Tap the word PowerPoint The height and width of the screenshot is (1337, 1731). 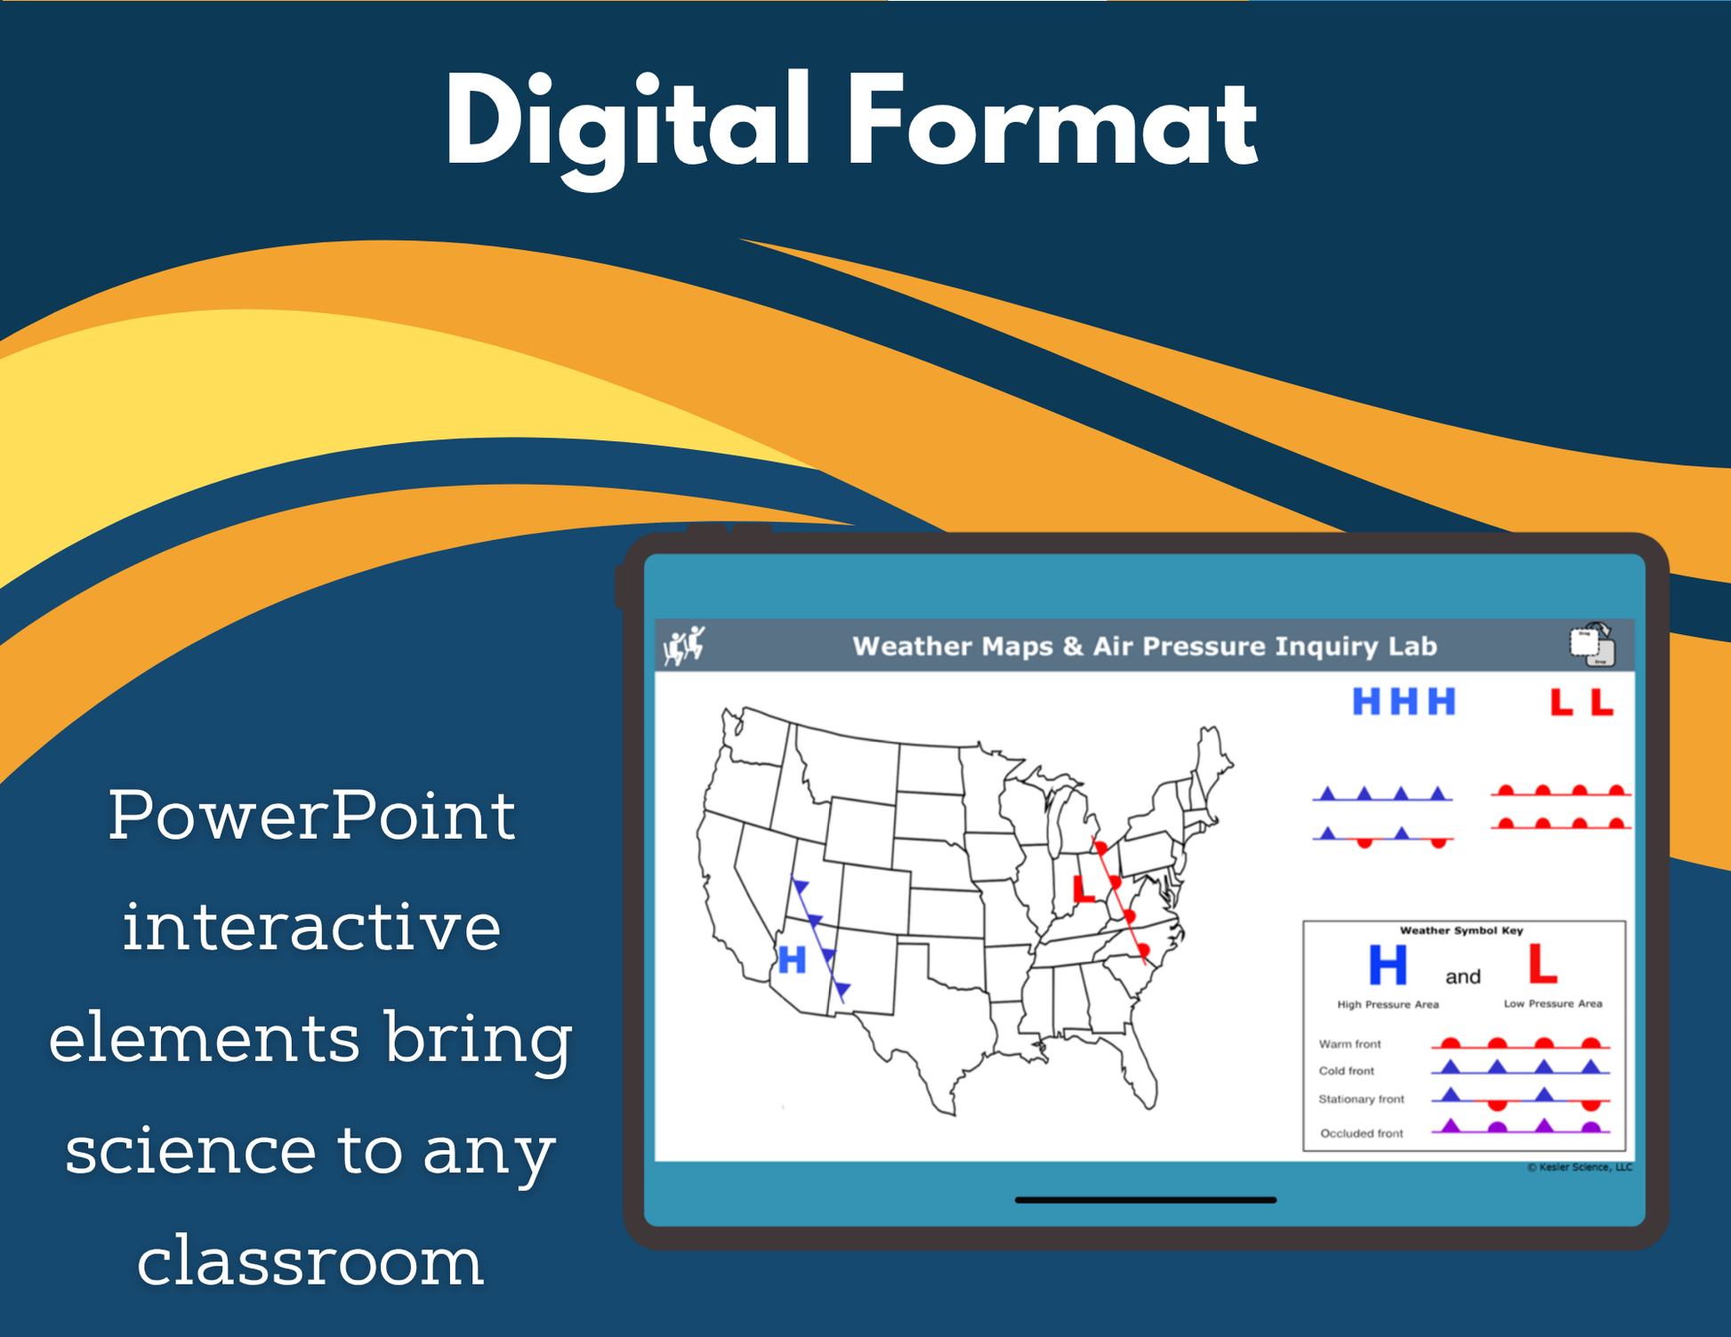312,815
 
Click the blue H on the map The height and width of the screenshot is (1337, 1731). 792,960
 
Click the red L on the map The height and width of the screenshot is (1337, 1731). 1083,889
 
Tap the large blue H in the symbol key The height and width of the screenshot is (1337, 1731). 1388,964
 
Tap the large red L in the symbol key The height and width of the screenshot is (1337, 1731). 1542,963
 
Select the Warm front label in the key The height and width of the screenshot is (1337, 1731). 1349,1044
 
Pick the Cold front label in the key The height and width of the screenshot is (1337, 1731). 1347,1071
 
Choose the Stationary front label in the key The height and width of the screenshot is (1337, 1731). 1361,1099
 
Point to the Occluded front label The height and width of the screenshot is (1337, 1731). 1362,1133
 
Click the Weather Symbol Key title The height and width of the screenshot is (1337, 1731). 1461,930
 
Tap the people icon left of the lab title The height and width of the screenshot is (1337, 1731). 684,645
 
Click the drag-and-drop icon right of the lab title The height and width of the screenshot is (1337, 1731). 1592,644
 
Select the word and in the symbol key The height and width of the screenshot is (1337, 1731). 1463,977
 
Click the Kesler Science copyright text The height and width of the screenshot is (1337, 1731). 1580,1167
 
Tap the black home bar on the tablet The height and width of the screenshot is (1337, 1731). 1146,1200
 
